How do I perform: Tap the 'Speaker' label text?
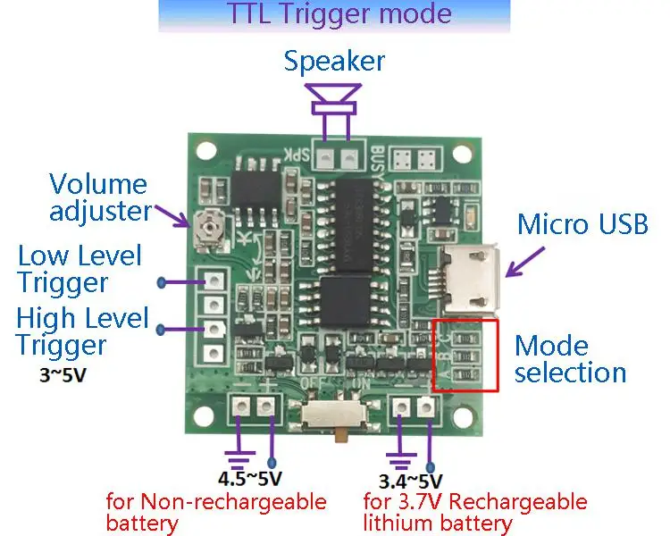334,62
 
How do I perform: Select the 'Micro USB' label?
582,223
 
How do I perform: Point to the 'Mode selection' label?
570,358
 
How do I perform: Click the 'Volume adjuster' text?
98,197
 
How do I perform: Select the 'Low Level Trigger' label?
80,269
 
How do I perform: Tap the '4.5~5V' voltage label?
250,477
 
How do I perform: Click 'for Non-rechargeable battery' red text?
215,511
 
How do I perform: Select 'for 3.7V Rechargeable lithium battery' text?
474,511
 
